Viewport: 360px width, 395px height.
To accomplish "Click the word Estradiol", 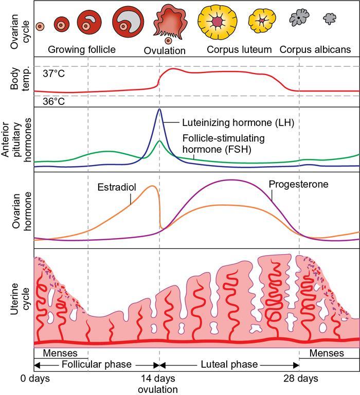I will [116, 187].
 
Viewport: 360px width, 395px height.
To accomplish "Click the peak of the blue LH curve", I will [159, 109].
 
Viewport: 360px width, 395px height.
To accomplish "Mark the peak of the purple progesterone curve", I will [231, 180].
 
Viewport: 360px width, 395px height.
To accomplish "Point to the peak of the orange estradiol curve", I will [152, 186].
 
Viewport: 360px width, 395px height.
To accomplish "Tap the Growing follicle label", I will [82, 50].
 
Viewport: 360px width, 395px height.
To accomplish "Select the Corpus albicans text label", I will [315, 50].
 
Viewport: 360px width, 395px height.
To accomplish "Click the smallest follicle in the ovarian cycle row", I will [40, 26].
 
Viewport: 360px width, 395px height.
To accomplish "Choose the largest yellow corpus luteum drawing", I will [218, 22].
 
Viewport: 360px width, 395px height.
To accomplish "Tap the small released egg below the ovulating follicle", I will [168, 41].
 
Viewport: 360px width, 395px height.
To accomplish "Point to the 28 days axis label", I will [300, 379].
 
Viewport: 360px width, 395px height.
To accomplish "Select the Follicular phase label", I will [97, 365].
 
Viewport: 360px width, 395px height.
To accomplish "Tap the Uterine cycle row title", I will [15, 298].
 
